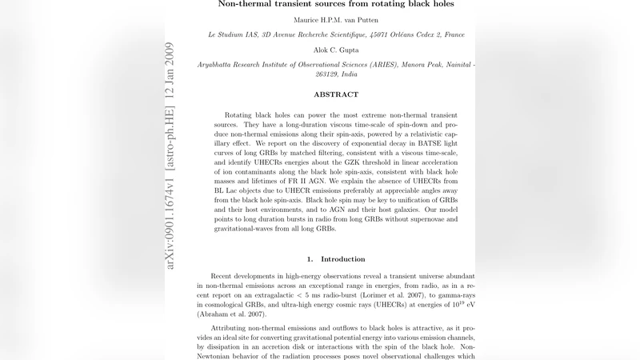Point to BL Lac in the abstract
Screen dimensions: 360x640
point(229,196)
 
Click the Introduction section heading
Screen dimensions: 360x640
point(342,259)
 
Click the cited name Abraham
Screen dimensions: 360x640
point(214,314)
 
